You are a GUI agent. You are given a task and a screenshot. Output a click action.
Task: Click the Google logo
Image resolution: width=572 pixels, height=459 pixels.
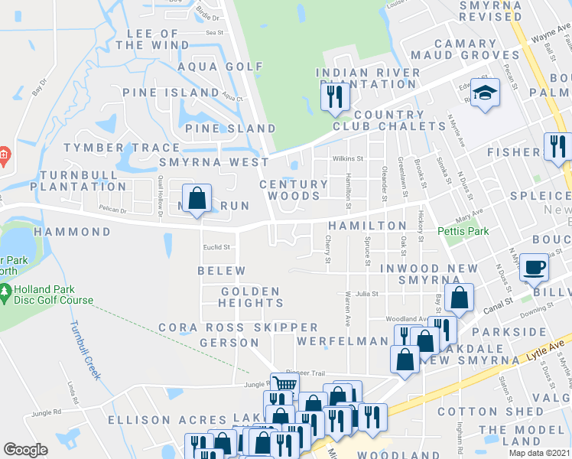click(x=25, y=450)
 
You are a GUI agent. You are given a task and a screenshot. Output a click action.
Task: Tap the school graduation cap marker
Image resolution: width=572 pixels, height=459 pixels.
click(x=484, y=93)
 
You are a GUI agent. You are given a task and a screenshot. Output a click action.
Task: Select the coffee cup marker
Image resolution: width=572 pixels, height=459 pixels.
click(x=533, y=268)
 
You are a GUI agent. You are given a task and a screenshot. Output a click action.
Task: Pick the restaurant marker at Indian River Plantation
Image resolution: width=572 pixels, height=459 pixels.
click(x=334, y=96)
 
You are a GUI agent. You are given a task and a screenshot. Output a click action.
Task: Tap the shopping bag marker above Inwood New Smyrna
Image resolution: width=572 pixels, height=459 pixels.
click(x=460, y=298)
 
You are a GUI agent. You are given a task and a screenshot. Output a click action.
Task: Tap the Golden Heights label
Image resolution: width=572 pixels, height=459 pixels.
click(x=250, y=298)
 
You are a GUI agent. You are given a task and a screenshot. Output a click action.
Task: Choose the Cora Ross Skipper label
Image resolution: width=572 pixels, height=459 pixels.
click(x=238, y=327)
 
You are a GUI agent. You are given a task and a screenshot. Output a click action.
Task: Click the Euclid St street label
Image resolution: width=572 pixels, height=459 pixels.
click(x=216, y=246)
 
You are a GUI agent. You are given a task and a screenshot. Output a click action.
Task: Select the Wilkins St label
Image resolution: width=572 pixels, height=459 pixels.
click(x=347, y=158)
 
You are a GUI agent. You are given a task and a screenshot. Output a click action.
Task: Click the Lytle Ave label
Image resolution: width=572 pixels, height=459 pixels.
click(x=544, y=346)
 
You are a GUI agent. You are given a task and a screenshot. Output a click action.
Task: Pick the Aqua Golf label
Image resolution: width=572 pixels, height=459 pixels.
click(x=209, y=67)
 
